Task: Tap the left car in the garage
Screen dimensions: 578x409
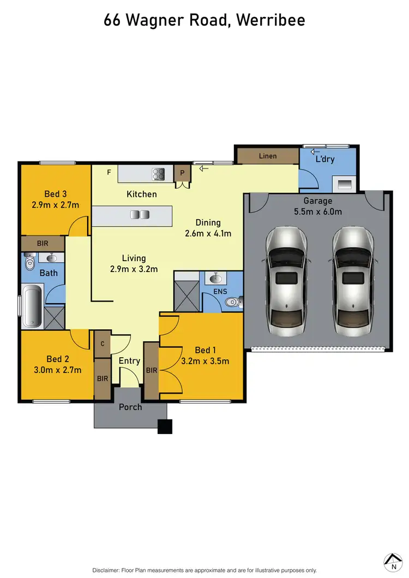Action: (x=286, y=284)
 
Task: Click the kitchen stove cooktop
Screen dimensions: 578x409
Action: (x=159, y=174)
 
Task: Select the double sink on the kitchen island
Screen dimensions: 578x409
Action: (x=135, y=215)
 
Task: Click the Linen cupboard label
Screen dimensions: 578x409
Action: (x=267, y=156)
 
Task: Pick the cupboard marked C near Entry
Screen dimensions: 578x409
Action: (x=102, y=344)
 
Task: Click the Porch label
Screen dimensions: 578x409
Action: (x=130, y=407)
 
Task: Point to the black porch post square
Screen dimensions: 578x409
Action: (x=165, y=426)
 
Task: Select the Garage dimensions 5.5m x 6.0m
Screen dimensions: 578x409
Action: (x=317, y=212)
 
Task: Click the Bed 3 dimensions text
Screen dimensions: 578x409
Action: (x=55, y=205)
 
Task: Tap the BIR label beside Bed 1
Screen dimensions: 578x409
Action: (x=152, y=370)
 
